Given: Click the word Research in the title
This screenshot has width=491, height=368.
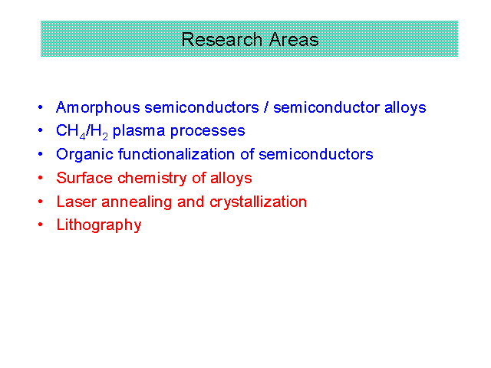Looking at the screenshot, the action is [x=222, y=40].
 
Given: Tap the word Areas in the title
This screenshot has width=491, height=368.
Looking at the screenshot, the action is [x=294, y=40].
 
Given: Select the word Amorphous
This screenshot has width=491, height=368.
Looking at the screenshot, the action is [x=98, y=108].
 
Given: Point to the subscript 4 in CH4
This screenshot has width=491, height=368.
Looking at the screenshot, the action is [x=82, y=136].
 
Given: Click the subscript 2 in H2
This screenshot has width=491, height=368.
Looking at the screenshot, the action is [x=105, y=136].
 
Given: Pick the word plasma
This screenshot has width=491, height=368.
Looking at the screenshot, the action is [x=139, y=131].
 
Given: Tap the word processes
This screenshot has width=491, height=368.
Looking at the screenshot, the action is [x=207, y=132].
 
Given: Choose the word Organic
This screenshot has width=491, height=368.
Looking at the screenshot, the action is [x=84, y=155].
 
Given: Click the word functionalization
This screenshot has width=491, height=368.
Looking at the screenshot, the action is [x=176, y=154].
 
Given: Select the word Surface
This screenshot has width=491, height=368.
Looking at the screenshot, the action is [x=84, y=178].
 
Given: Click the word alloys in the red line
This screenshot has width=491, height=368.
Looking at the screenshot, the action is [x=231, y=179].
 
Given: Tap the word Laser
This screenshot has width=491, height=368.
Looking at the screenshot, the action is [x=77, y=202].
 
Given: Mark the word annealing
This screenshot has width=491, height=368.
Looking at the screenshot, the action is [x=137, y=202].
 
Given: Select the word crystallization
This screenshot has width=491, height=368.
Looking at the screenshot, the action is [x=258, y=202].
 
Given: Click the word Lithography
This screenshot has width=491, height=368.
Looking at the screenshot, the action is [x=99, y=225].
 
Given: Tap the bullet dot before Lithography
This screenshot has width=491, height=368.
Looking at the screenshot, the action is [x=41, y=225].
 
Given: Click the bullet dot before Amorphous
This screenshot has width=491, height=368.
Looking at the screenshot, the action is [x=41, y=107].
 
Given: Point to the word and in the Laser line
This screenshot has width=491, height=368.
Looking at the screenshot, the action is [x=190, y=202].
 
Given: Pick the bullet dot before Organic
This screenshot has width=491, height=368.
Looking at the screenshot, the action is [x=41, y=154].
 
